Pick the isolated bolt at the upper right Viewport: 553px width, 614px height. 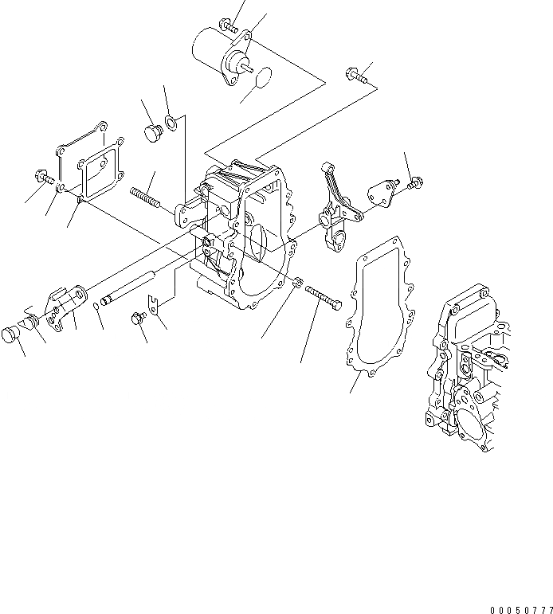coord(355,75)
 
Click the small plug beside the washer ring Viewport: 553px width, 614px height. coord(151,134)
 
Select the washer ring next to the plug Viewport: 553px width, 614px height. coord(171,123)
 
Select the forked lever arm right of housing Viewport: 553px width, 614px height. coord(335,207)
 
